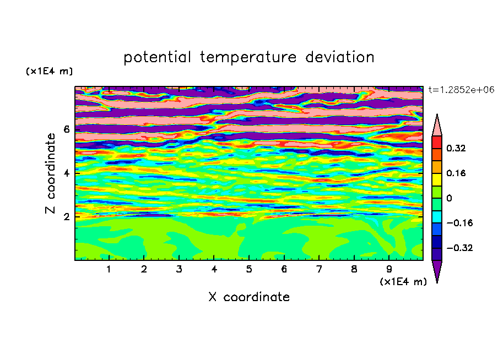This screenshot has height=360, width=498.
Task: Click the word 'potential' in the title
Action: (x=157, y=58)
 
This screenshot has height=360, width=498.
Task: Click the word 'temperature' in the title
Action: (x=248, y=58)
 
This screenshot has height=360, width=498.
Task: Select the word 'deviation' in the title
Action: (x=340, y=57)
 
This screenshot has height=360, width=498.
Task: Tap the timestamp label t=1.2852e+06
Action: (x=461, y=90)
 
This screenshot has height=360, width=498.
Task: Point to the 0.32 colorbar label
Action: (x=456, y=148)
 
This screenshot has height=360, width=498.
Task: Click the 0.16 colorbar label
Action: (x=456, y=173)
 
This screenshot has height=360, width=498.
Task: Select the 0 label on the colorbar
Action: (x=449, y=198)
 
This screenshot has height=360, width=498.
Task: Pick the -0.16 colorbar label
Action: (x=459, y=223)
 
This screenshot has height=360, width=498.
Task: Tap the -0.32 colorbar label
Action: (x=459, y=248)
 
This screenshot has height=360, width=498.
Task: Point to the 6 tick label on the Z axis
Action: (x=66, y=129)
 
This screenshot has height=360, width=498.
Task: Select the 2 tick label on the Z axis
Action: (x=66, y=216)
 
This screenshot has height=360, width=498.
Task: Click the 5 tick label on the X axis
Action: (x=249, y=269)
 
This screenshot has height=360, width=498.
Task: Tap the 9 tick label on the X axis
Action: (x=389, y=269)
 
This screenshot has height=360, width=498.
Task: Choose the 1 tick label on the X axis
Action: (x=109, y=269)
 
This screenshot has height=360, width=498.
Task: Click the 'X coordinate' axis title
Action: (x=249, y=297)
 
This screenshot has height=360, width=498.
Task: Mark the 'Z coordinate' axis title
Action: (x=51, y=173)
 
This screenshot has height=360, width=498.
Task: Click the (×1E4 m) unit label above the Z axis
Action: (x=49, y=71)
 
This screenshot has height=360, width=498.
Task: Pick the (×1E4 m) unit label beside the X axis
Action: (x=403, y=282)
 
